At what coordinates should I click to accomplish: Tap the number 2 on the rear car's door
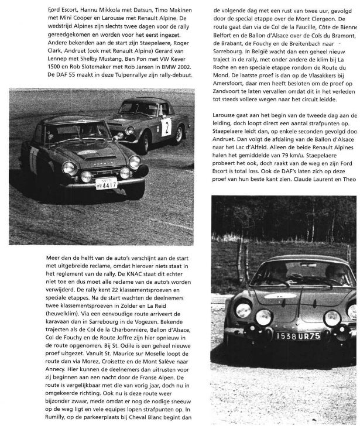[x=166, y=126]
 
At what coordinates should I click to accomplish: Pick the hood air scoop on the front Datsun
[x=88, y=152]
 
